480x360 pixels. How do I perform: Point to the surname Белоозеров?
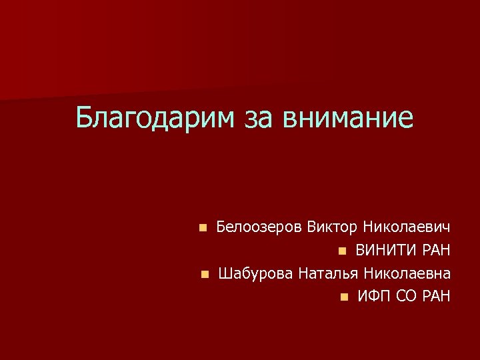[x=259, y=227]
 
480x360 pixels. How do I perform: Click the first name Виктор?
[x=332, y=227]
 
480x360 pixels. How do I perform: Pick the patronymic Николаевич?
[x=407, y=227]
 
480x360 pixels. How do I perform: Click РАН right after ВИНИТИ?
[x=437, y=251]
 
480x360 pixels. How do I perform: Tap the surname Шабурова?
[x=255, y=273]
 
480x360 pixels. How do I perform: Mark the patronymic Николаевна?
[x=407, y=273]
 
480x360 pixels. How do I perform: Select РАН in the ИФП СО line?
[x=437, y=296]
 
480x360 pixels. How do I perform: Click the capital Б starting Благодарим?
[x=84, y=117]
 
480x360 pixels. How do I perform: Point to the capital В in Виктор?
[x=312, y=227]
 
